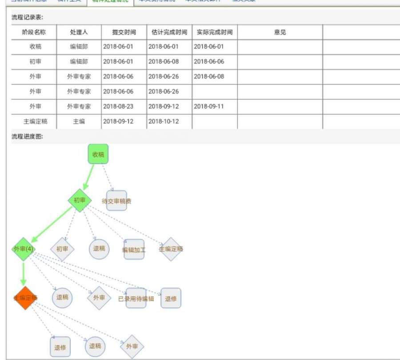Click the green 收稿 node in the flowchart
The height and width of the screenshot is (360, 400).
coord(98,154)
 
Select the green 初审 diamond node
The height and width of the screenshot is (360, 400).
coord(80,200)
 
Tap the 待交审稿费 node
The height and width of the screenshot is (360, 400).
coord(116,201)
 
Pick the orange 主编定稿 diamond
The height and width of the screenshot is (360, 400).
coord(25,298)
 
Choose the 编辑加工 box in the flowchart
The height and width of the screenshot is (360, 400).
coord(134,249)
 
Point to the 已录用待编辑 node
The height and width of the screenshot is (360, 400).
coord(136,298)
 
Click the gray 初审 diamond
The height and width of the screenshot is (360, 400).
coord(62,249)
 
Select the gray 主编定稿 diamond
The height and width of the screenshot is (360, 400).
coord(171,249)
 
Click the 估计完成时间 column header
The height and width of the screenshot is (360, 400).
coord(169,32)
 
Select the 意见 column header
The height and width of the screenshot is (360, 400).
coord(280,32)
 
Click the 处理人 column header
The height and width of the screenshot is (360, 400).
coord(79,32)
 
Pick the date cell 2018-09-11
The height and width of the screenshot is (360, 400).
coord(209,107)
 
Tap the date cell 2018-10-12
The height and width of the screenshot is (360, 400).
coord(164,122)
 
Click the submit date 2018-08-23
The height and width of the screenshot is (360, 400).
coord(118,107)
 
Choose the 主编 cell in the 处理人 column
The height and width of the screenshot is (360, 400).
coord(79,122)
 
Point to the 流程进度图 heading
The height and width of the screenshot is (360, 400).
coord(27,136)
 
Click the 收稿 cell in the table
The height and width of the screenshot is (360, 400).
coord(36,46)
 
